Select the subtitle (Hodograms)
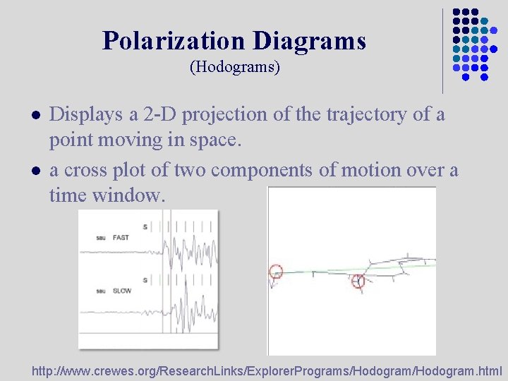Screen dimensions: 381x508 [x=235, y=68]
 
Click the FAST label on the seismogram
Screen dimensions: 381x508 [x=121, y=238]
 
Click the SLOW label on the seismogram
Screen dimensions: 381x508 [x=122, y=290]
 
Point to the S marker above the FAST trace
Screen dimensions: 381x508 [x=145, y=227]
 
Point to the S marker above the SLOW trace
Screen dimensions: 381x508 [x=145, y=280]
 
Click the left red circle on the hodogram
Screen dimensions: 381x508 [x=276, y=271]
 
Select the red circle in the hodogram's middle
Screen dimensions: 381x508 [x=358, y=282]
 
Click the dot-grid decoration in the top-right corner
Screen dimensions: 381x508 [x=471, y=44]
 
